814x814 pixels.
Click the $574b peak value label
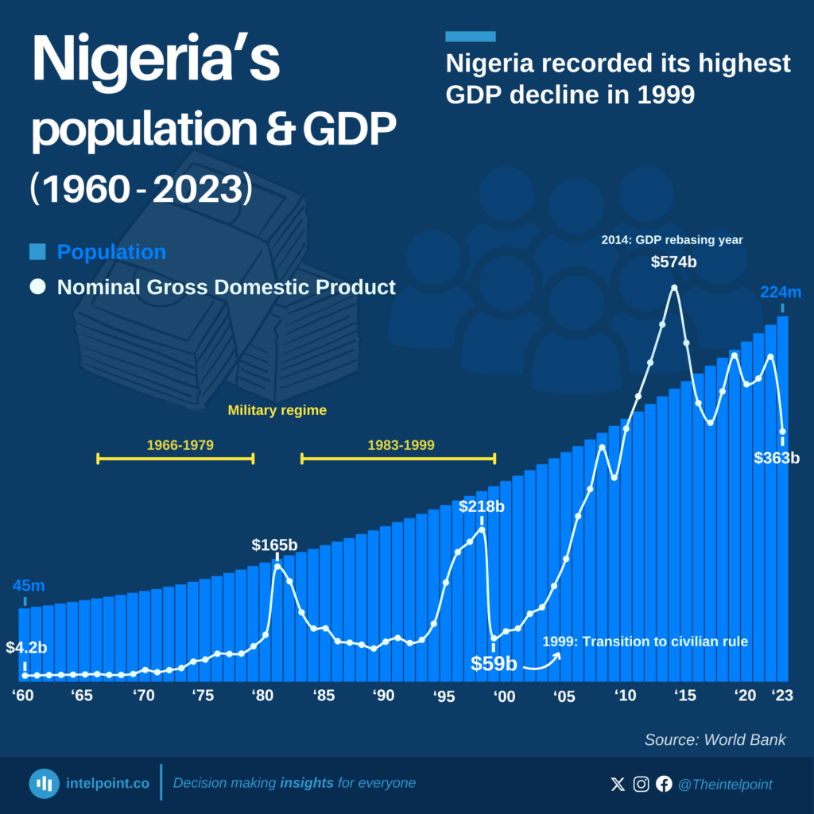pos(674,262)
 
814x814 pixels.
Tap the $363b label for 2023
pos(777,458)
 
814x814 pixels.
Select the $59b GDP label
pos(494,663)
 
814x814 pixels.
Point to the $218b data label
pos(483,506)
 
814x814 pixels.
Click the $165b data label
pos(275,545)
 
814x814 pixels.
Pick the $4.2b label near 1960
pos(26,647)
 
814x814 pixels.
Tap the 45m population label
pos(29,586)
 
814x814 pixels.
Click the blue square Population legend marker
pos(37,253)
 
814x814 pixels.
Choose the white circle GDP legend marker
pos(37,287)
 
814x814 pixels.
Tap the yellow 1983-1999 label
pos(401,444)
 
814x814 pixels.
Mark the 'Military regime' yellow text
pos(277,411)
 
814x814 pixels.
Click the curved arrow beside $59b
pos(545,661)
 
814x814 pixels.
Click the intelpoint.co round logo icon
pos(45,784)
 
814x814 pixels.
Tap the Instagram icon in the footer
pos(641,785)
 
